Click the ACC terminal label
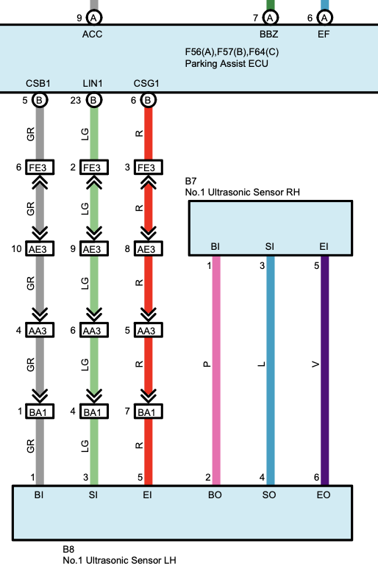click(x=92, y=34)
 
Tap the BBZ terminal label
click(x=269, y=34)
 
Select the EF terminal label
click(x=324, y=34)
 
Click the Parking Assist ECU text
click(x=227, y=63)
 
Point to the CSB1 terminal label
click(x=38, y=84)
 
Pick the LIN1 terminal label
click(x=93, y=84)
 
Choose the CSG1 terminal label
click(x=146, y=84)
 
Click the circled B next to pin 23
click(x=94, y=100)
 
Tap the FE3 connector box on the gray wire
click(x=40, y=168)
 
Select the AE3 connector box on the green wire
click(x=94, y=248)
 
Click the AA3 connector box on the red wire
click(x=148, y=331)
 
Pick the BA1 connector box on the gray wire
click(x=40, y=412)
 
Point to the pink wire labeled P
click(x=216, y=370)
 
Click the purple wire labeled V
click(x=324, y=370)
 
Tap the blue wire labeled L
click(x=271, y=370)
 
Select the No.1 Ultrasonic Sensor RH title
click(x=243, y=193)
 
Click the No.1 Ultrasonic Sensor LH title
click(x=119, y=560)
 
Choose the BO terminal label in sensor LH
click(x=215, y=495)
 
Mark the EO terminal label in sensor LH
click(x=324, y=495)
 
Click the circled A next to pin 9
click(x=94, y=18)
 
